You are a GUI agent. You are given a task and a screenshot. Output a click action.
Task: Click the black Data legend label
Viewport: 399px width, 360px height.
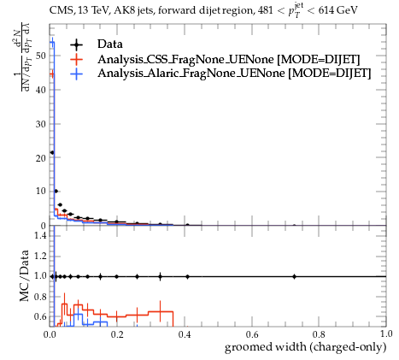tap(110, 44)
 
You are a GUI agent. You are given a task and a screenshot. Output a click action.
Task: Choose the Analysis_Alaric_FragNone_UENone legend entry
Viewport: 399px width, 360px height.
tap(234, 74)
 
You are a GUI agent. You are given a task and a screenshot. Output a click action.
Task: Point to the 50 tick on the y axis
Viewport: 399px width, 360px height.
tap(41, 56)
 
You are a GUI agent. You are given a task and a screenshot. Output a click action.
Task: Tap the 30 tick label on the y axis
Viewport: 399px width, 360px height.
tap(41, 124)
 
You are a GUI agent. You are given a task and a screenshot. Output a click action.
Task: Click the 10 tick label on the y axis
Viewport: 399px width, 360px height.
tap(41, 191)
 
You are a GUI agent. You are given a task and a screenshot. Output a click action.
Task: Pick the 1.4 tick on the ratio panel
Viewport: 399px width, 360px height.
tap(40, 235)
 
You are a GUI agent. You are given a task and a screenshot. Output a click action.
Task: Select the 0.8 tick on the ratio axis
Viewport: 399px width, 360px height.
tap(40, 297)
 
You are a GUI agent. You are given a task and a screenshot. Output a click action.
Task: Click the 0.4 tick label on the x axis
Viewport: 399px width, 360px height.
tap(185, 333)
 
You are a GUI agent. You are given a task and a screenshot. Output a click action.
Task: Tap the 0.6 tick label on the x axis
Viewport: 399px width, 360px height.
tap(252, 333)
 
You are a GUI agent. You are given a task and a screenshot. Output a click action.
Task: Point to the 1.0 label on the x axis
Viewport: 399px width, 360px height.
tap(386, 333)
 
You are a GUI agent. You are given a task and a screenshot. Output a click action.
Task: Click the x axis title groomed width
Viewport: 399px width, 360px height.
tap(305, 347)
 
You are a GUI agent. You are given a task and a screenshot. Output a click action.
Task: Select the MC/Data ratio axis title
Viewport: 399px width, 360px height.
tap(25, 275)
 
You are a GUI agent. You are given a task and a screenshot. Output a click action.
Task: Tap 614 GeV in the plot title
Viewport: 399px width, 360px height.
tap(337, 10)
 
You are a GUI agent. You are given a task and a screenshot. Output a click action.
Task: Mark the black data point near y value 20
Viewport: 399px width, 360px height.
tap(52, 152)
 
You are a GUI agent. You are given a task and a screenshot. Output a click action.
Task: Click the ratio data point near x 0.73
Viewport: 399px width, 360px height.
tap(294, 276)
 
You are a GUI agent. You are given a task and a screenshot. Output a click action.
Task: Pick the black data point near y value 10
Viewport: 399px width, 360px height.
tap(56, 191)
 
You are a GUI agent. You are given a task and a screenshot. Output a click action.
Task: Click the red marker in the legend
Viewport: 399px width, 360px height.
tap(76, 59)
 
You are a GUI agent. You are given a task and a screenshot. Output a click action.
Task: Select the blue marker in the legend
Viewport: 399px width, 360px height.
tap(76, 74)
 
